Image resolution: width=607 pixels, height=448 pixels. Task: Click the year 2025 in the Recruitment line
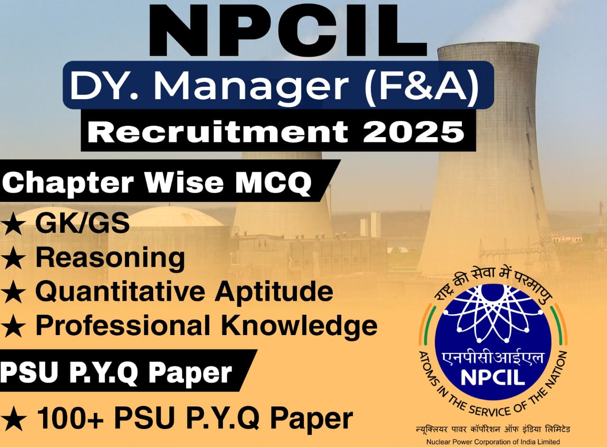(413, 131)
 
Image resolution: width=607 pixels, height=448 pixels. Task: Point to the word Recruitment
(218, 131)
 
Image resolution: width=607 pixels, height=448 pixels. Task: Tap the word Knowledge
(300, 326)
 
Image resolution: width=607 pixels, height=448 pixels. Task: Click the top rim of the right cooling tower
(488, 46)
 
